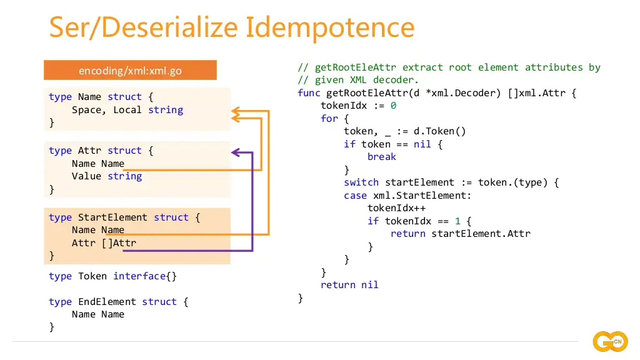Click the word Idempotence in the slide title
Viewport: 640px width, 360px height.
point(329,27)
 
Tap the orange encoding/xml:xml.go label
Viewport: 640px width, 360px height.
point(130,71)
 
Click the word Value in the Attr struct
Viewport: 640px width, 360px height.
point(86,176)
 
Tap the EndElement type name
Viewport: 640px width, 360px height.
point(107,302)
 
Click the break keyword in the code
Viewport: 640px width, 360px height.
point(381,157)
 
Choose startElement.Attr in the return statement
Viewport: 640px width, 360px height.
point(481,234)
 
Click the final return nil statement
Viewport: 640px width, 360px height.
point(349,285)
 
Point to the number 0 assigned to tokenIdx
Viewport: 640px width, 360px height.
point(393,106)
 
